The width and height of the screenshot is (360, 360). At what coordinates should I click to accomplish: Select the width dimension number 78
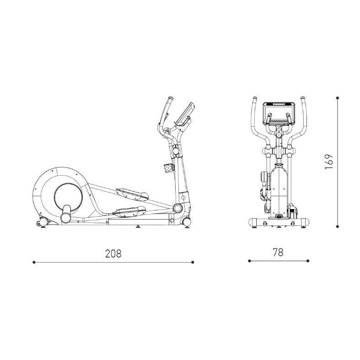point(278,252)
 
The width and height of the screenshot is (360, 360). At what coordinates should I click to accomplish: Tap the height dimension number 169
point(329,161)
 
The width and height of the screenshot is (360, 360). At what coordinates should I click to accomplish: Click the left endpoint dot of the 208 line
point(34,262)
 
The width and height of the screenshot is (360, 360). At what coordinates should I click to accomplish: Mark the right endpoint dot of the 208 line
point(193,262)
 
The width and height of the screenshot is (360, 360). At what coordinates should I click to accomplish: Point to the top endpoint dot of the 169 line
point(337,98)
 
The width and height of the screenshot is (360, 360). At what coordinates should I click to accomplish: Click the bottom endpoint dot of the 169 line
point(337,226)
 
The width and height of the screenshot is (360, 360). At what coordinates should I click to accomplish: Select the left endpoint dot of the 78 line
point(249,261)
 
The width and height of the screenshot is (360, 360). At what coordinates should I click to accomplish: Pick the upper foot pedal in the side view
point(132,193)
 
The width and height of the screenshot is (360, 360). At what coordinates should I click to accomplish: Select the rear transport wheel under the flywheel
point(43,222)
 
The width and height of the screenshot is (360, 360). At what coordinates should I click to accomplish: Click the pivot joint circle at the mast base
point(177,208)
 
